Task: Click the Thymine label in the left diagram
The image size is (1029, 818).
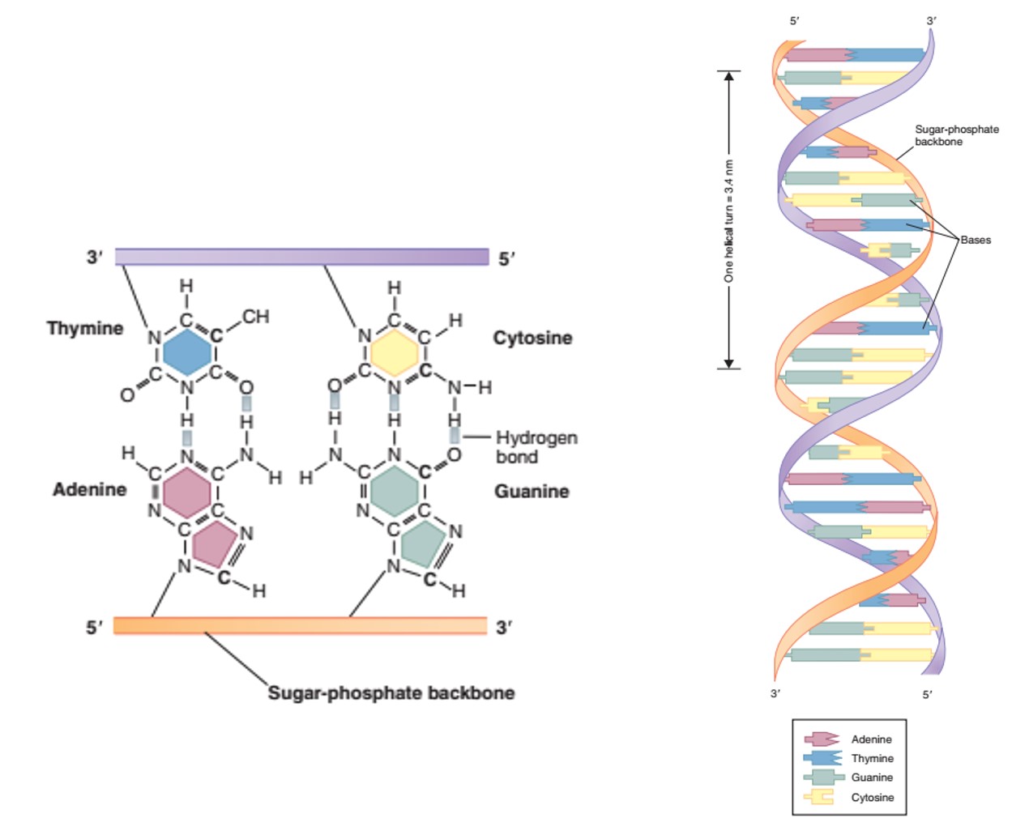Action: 85,328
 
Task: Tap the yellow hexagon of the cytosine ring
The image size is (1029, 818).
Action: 395,353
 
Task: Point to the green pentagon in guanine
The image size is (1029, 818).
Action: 423,543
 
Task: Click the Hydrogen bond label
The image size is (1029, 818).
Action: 536,447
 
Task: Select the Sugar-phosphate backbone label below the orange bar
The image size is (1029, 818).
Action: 391,693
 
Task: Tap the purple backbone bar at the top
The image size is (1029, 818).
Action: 301,258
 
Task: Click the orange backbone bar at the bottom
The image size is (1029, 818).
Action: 300,625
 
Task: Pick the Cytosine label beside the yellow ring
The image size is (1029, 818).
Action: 532,338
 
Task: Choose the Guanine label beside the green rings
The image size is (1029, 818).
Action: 532,492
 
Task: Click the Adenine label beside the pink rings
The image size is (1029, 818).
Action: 90,489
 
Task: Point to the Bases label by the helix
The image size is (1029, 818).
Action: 976,240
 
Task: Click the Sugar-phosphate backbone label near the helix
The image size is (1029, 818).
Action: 956,135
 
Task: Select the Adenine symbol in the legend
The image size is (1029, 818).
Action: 821,739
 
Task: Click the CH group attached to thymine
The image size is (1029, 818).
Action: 255,317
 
